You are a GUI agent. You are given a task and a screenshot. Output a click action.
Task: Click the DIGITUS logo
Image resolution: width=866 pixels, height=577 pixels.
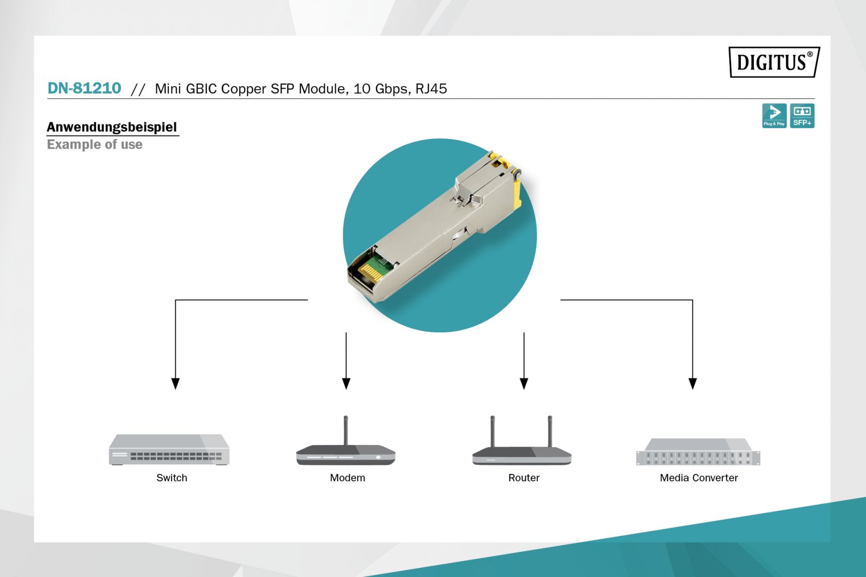point(774,62)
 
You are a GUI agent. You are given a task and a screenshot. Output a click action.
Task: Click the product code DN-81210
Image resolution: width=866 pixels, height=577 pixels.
point(84,88)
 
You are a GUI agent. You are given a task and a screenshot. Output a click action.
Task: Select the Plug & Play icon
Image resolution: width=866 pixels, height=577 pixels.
point(774,115)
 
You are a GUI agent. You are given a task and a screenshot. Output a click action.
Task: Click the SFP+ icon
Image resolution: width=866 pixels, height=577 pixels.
point(802,115)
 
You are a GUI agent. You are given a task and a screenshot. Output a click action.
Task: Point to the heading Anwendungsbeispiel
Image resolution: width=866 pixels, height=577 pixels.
point(112,127)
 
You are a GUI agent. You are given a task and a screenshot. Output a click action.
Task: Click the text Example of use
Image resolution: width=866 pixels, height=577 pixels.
point(95,145)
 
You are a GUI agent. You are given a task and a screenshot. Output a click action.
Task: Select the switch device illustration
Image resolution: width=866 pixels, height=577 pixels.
point(169,450)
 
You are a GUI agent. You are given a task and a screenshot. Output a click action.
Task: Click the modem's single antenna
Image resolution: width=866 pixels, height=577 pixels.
point(346,430)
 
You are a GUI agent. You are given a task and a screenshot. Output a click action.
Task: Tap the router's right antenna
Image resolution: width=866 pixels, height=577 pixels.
point(550,431)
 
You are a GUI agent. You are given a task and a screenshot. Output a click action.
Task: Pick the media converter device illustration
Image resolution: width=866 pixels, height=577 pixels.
point(698,453)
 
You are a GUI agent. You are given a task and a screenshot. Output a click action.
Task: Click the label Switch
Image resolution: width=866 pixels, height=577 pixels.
point(172,478)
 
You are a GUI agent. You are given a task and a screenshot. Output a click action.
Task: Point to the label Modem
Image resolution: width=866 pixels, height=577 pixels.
point(347,478)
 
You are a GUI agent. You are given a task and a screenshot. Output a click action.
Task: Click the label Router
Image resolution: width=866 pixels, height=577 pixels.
point(524,478)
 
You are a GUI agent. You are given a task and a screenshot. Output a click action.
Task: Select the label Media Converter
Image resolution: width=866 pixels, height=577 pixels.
point(699,478)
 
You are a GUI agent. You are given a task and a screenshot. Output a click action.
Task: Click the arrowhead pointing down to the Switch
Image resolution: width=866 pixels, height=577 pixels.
point(175,384)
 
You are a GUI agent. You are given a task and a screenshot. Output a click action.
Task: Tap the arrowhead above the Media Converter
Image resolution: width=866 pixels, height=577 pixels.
point(693,384)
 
